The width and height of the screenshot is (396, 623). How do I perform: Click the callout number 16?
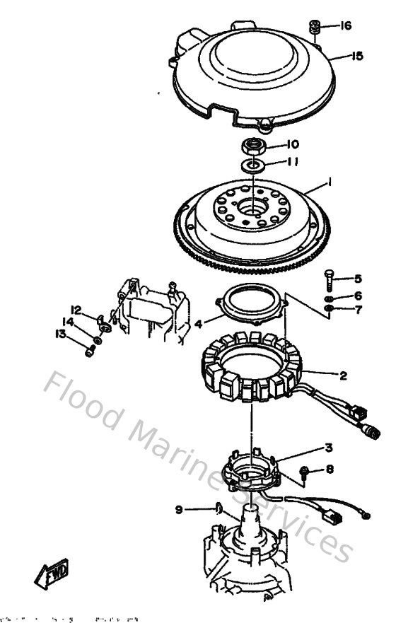(x=345, y=26)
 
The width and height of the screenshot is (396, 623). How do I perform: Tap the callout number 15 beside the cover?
(x=357, y=57)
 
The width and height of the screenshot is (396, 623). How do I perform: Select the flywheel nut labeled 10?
(x=252, y=148)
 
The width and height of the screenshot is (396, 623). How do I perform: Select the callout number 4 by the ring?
(x=199, y=324)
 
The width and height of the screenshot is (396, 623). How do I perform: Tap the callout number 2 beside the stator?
(x=342, y=375)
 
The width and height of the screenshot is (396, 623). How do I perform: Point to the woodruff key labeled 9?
(x=219, y=507)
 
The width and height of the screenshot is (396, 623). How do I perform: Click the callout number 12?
(x=76, y=309)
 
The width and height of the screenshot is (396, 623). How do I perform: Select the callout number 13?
(x=61, y=334)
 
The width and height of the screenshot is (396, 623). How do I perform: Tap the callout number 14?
(x=68, y=322)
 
